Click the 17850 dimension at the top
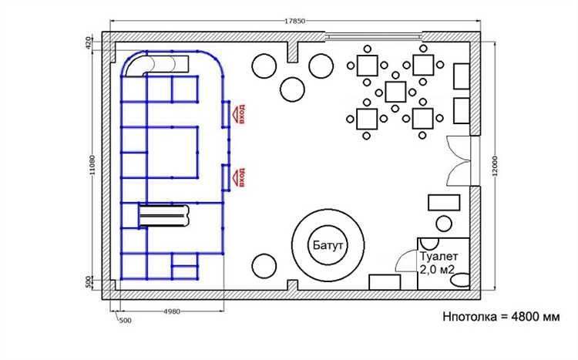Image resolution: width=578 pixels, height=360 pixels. click(295, 21)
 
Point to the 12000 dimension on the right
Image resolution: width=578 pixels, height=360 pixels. click(495, 166)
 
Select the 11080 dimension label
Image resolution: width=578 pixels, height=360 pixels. click(92, 165)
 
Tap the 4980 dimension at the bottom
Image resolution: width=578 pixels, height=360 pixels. click(172, 311)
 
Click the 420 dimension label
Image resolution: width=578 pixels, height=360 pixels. click(88, 43)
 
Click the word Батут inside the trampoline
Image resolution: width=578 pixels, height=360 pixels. click(328, 245)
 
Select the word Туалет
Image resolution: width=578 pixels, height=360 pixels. click(439, 256)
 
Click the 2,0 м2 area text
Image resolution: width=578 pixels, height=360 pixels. click(437, 270)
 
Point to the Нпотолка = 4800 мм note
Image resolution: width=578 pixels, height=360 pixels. click(502, 317)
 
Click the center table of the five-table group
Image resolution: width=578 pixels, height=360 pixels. click(395, 92)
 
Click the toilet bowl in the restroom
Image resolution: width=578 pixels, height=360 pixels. click(460, 281)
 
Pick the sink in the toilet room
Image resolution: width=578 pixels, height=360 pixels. click(429, 243)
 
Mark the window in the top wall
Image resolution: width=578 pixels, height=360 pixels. click(374, 36)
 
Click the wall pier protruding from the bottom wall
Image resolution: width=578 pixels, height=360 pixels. click(292, 285)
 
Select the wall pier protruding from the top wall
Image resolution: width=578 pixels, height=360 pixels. click(292, 52)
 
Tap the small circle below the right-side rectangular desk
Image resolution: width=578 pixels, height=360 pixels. click(444, 224)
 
